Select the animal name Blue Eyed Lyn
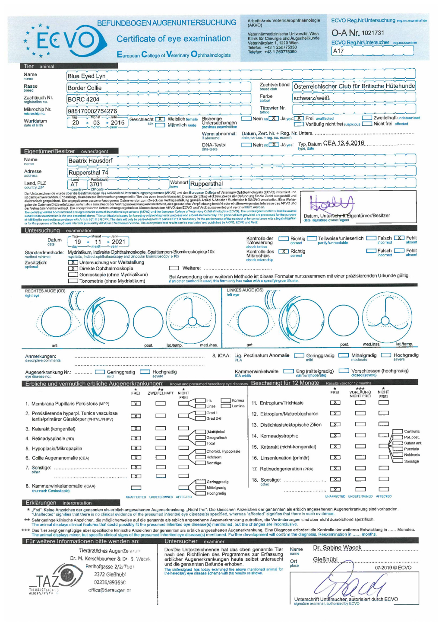click(86, 76)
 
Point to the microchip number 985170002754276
click(92, 111)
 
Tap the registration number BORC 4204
click(83, 99)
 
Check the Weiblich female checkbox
click(160, 119)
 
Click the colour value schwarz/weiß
click(312, 98)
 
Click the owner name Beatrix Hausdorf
click(90, 161)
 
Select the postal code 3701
click(96, 184)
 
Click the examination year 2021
click(118, 242)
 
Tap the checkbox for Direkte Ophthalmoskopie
click(73, 268)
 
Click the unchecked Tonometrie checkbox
click(73, 281)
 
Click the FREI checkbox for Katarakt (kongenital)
click(136, 429)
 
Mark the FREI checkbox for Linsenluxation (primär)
click(335, 457)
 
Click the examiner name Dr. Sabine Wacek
click(337, 548)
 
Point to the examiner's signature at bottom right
click(350, 584)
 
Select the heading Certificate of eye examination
click(174, 39)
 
